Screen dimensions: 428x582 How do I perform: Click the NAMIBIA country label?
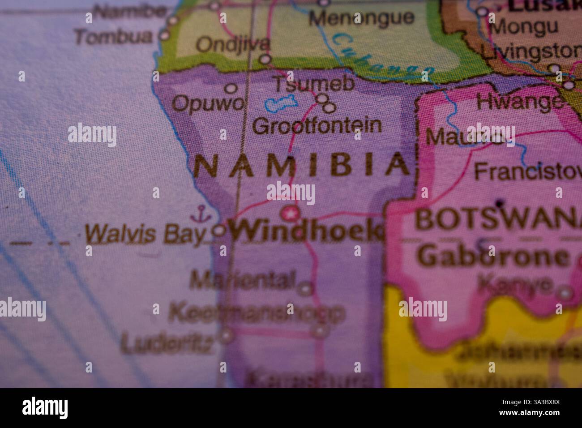pyautogui.click(x=301, y=165)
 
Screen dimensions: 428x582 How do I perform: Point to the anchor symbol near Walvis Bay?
pyautogui.click(x=200, y=214)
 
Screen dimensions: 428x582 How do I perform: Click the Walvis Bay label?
pyautogui.click(x=145, y=234)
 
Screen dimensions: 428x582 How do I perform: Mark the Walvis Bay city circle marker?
pyautogui.click(x=219, y=231)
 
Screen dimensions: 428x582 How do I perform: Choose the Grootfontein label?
pyautogui.click(x=317, y=126)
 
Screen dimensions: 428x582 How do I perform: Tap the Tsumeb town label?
pyautogui.click(x=313, y=84)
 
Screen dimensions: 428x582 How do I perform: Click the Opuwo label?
pyautogui.click(x=209, y=104)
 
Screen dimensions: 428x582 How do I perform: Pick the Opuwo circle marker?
pyautogui.click(x=231, y=88)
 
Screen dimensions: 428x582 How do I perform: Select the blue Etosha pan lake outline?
pyautogui.click(x=281, y=104)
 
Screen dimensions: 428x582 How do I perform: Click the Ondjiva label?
pyautogui.click(x=233, y=44)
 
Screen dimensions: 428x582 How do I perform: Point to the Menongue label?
pyautogui.click(x=362, y=18)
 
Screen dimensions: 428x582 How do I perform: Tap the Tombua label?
pyautogui.click(x=113, y=37)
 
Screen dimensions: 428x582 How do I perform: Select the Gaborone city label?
pyautogui.click(x=494, y=257)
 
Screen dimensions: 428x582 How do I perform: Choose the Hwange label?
pyautogui.click(x=519, y=102)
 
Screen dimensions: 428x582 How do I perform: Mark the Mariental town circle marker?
pyautogui.click(x=306, y=288)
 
